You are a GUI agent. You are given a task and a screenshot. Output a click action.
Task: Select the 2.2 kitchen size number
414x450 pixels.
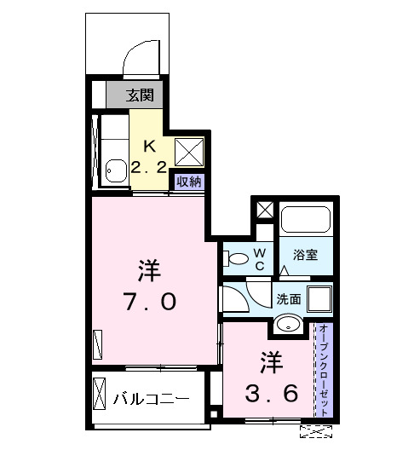pos(148,167)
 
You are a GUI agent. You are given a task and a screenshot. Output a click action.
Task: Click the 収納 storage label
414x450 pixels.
pos(190,181)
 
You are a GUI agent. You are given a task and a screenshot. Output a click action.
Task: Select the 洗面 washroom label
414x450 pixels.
pos(288,299)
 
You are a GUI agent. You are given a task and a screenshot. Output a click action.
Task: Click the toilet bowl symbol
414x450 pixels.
pos(238,257)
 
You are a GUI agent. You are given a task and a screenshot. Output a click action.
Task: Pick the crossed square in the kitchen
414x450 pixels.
pos(187,151)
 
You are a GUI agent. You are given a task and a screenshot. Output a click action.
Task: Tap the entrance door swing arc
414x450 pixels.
pos(136,60)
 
